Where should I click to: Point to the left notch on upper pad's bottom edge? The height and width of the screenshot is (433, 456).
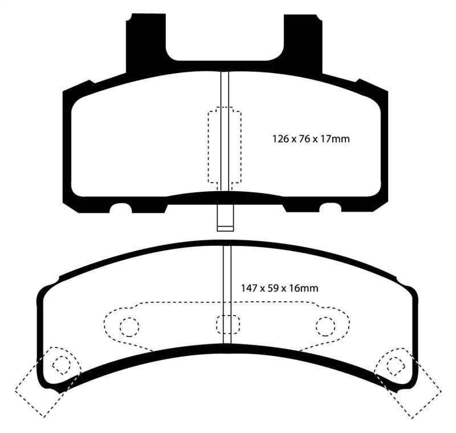pos(121,208)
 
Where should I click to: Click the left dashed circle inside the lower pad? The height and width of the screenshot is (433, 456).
pos(129,326)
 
